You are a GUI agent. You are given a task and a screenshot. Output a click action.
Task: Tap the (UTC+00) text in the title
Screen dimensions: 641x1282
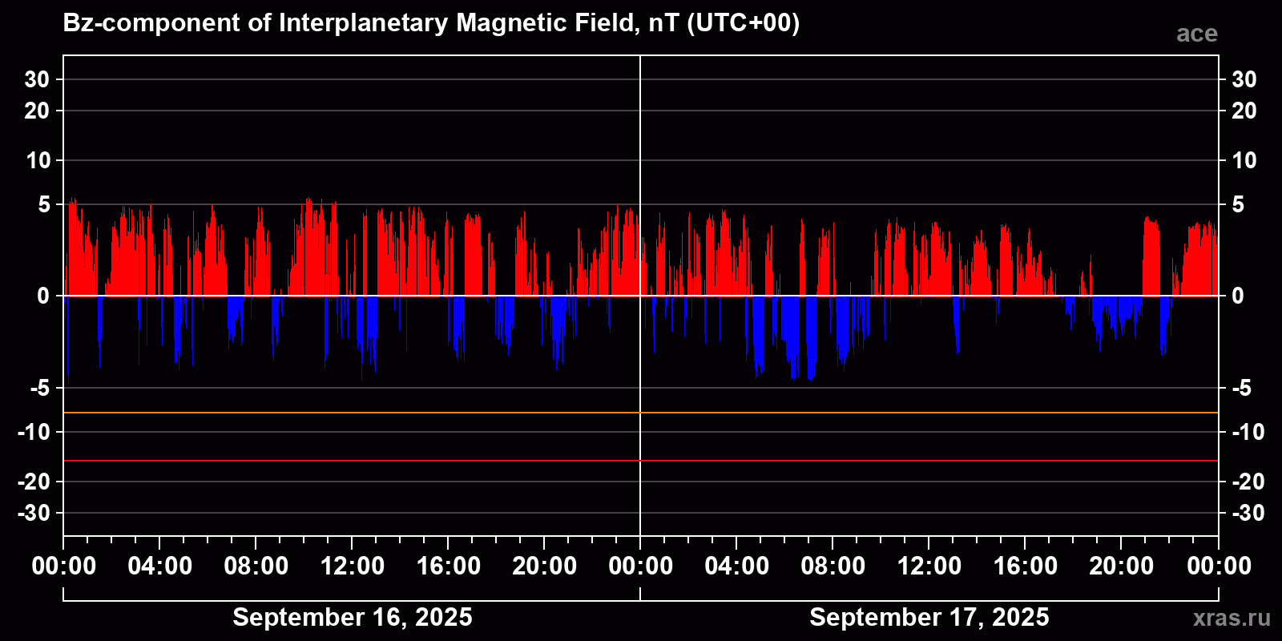point(743,22)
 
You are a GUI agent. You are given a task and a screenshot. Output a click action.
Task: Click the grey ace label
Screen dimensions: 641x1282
point(1196,34)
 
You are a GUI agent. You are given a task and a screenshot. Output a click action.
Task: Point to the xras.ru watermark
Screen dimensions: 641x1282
point(1231,618)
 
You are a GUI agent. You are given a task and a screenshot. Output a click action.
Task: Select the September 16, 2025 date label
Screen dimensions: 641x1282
point(352,617)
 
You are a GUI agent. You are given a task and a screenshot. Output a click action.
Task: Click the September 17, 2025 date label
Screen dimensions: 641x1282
point(929,617)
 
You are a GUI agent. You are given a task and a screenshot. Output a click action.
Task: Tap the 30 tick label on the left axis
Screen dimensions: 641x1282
point(37,79)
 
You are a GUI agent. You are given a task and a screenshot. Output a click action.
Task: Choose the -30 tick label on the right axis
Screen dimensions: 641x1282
point(1248,513)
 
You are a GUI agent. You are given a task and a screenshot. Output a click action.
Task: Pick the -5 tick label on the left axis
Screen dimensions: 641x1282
point(39,389)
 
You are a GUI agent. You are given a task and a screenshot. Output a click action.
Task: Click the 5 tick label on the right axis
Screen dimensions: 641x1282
point(1238,205)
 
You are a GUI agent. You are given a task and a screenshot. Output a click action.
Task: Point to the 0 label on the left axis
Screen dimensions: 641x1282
point(43,296)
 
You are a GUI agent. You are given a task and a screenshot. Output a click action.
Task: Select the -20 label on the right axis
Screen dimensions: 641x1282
point(1248,482)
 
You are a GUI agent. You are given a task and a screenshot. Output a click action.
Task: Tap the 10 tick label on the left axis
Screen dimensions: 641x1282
point(38,160)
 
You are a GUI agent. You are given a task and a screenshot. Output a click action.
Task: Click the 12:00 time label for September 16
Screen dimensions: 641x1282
point(352,566)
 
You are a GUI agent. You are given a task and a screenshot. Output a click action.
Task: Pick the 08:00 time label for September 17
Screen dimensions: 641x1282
point(832,566)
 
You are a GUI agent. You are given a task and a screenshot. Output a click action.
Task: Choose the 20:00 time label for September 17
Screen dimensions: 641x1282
point(1121,566)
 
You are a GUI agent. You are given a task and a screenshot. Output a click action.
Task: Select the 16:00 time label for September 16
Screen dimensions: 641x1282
point(448,566)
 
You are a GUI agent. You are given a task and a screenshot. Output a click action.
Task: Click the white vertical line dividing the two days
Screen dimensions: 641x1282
point(640,160)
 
